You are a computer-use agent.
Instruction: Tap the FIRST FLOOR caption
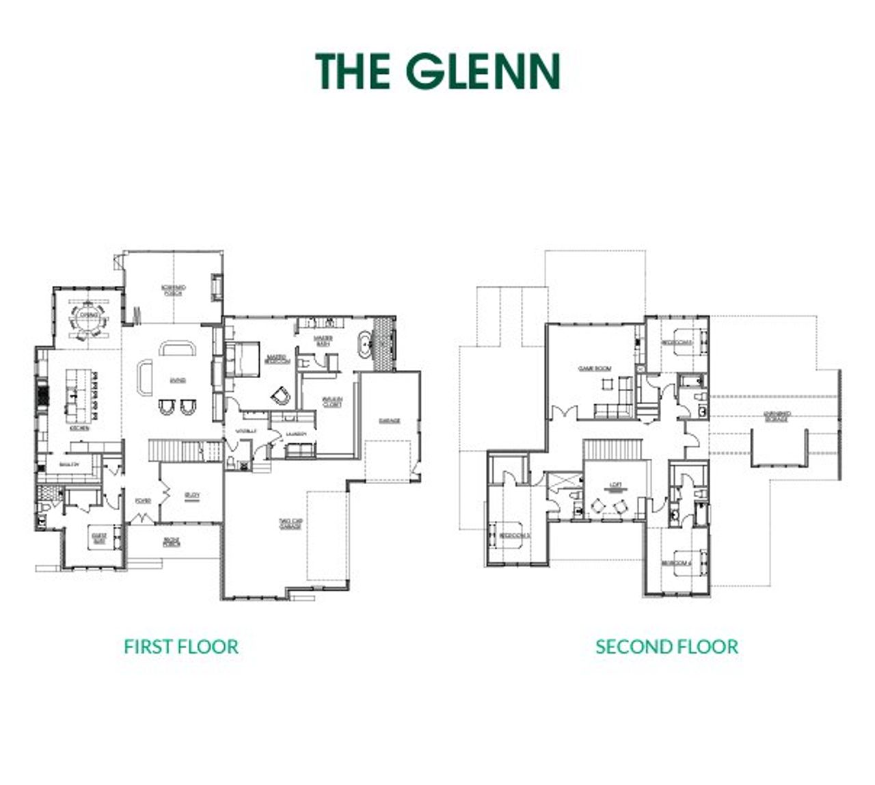181,646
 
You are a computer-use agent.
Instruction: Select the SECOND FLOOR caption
667,646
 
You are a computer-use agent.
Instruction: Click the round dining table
89,316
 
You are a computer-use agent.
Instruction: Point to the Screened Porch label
174,289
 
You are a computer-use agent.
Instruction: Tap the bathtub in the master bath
366,345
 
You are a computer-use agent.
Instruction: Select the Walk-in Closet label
332,402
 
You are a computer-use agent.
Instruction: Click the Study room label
192,497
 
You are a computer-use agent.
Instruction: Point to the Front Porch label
172,542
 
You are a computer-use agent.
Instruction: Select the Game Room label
595,369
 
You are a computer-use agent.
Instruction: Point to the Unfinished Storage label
777,416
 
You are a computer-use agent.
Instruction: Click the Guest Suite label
98,540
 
